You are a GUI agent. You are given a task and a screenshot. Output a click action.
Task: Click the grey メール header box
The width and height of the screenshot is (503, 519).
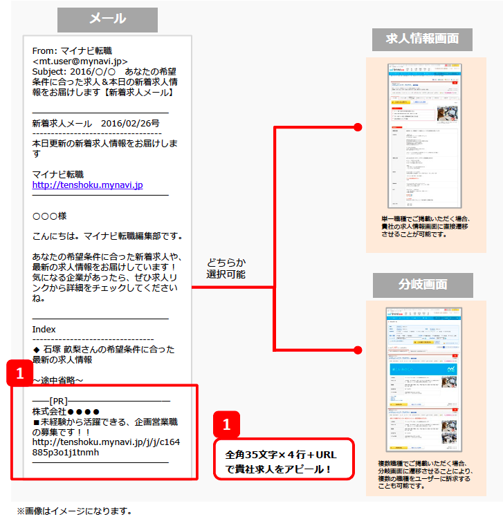pos(107,19)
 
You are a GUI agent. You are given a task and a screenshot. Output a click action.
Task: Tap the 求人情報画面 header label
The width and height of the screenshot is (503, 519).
pos(422,39)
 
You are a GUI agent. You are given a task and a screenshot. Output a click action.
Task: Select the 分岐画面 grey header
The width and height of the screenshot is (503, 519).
pos(422,284)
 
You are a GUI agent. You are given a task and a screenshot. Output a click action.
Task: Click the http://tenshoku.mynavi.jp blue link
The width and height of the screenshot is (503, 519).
pos(87,185)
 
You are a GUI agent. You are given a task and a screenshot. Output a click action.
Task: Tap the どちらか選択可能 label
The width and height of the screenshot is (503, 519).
pos(226,268)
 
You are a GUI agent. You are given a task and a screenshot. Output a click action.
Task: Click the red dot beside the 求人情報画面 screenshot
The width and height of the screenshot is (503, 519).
pos(358,127)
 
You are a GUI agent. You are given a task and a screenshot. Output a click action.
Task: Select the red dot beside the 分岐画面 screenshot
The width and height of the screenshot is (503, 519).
pos(358,348)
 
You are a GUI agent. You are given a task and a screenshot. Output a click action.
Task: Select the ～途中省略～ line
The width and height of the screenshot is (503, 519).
pos(58,380)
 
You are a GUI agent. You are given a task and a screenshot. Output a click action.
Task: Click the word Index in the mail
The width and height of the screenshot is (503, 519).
pos(44,329)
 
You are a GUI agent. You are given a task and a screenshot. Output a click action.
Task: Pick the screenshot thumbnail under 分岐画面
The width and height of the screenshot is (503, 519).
pos(422,381)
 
